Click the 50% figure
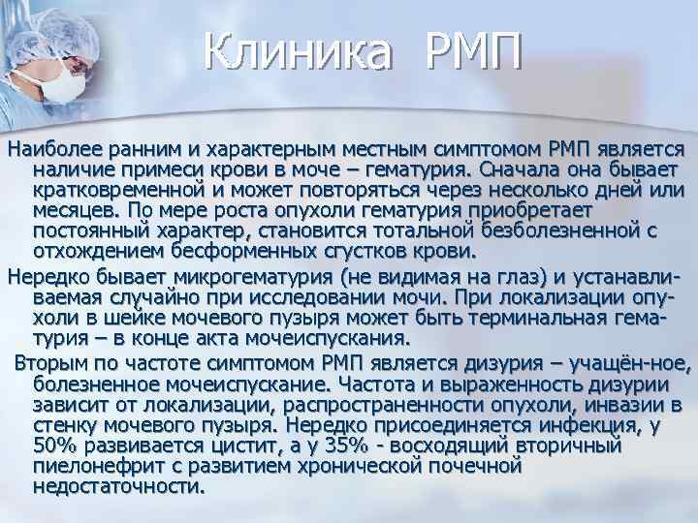click(55, 446)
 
